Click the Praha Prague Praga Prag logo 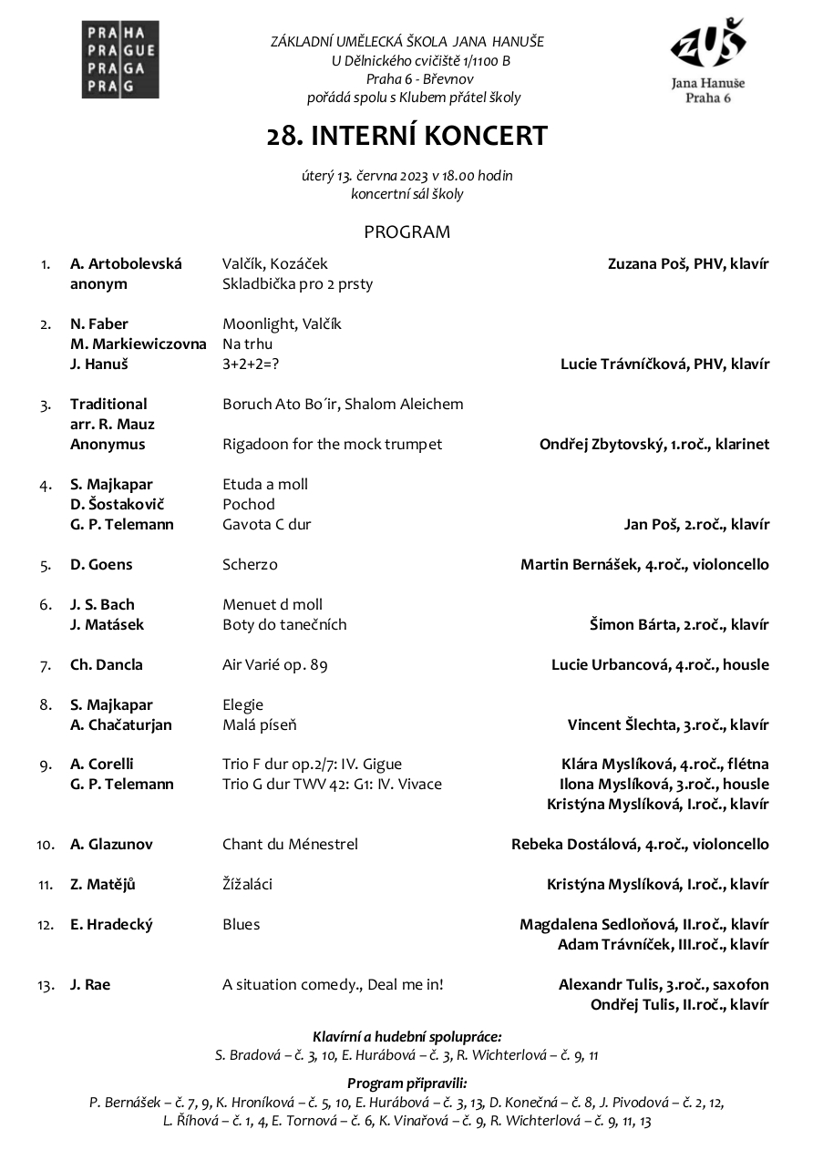[x=120, y=60]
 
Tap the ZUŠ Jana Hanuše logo [x=707, y=60]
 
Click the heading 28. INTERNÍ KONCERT [x=406, y=136]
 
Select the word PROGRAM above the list [x=406, y=231]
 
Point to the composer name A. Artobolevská [x=126, y=264]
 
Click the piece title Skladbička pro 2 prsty [x=297, y=284]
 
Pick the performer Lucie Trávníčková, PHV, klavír [x=664, y=365]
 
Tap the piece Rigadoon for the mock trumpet [x=332, y=445]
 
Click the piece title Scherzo [x=250, y=565]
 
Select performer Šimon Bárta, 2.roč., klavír [x=679, y=625]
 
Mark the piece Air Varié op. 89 [x=274, y=665]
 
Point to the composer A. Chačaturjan [x=121, y=725]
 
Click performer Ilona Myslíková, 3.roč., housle [x=664, y=785]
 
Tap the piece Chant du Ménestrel [x=290, y=845]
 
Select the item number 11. [x=46, y=885]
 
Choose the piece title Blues [x=241, y=925]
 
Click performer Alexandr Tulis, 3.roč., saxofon [x=664, y=985]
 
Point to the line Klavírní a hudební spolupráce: [x=406, y=1036]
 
